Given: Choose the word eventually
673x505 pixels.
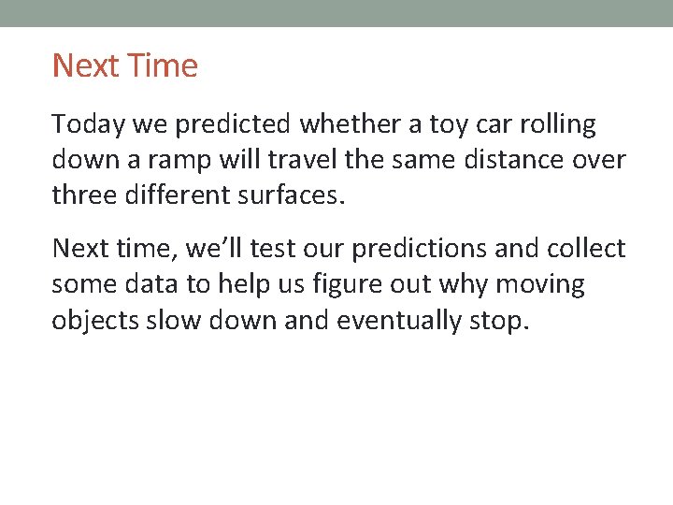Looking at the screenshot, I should pos(398,321).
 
